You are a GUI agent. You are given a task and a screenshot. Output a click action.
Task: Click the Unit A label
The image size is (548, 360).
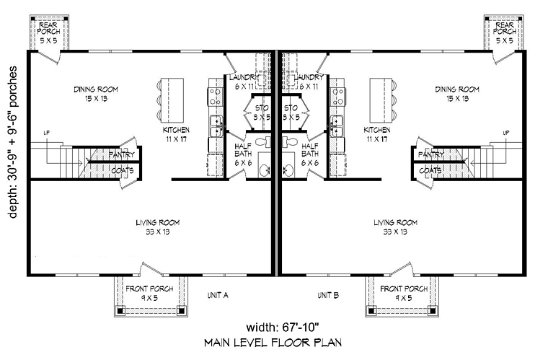218,295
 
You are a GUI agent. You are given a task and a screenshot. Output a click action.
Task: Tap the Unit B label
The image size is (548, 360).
328,295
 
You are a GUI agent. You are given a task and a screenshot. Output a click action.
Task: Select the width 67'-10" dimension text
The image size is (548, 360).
283,328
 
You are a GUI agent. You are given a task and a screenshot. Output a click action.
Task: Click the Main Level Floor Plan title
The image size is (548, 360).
273,343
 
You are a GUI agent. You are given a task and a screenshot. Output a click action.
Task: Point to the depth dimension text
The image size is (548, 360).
12,142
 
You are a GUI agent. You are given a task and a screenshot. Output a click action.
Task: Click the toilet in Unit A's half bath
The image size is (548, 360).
263,141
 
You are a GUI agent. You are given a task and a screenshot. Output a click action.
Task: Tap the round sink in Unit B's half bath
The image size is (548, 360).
287,170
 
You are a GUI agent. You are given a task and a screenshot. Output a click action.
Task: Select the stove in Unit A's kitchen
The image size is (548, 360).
216,97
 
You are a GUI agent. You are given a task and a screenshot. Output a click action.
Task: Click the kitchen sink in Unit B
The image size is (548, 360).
336,126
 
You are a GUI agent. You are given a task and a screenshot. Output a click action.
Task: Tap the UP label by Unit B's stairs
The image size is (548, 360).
506,133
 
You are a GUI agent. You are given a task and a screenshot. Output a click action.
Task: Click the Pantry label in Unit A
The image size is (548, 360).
121,154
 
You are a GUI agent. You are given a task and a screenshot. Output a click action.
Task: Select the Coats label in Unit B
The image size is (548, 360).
430,170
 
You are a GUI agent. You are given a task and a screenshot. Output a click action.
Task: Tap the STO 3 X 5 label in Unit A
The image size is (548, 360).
262,113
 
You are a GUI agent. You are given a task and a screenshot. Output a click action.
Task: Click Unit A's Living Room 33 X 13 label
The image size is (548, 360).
158,227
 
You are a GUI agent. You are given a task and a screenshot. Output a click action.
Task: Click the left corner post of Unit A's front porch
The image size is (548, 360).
120,309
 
